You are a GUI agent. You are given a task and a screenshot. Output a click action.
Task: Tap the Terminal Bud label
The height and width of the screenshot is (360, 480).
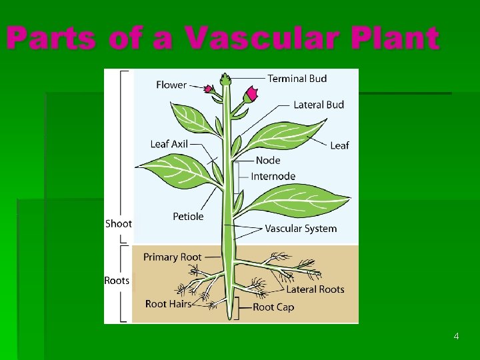(297, 79)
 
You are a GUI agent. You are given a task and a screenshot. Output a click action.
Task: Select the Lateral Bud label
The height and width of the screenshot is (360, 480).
(319, 105)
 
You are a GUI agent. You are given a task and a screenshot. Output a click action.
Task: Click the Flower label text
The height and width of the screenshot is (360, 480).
(171, 85)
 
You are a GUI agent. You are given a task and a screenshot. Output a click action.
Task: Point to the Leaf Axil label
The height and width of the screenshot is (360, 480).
(169, 144)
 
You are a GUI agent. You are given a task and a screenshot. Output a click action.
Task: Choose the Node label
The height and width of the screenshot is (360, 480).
(268, 161)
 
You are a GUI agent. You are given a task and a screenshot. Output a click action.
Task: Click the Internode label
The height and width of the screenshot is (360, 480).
(273, 177)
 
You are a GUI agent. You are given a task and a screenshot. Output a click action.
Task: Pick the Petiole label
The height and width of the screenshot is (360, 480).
(188, 217)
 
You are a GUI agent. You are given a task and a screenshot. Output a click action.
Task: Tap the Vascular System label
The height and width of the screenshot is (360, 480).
(301, 229)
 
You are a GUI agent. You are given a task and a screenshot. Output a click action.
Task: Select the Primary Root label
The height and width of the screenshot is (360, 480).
(172, 257)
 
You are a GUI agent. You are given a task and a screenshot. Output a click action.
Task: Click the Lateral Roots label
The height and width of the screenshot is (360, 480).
(315, 289)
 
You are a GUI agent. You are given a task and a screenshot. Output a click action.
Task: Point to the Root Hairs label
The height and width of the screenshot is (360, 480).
(168, 304)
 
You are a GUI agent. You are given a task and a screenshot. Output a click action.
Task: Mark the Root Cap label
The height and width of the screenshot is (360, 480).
(273, 307)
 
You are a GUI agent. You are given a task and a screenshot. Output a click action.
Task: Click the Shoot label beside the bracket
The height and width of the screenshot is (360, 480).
(119, 224)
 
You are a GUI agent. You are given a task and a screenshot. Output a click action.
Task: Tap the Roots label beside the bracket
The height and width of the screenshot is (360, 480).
(117, 281)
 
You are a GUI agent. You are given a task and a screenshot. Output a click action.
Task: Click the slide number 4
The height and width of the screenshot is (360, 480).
(456, 336)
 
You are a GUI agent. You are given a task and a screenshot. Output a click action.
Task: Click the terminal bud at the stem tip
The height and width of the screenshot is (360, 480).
(225, 79)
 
